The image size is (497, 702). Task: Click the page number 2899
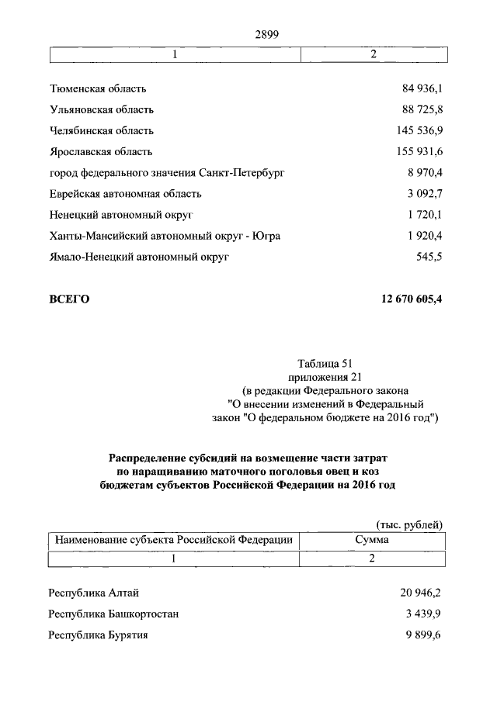266,33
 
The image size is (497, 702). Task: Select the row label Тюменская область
98,89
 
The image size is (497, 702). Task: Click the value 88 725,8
419,109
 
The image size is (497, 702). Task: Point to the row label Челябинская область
102,130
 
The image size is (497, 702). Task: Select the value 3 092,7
422,193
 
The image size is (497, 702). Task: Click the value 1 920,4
422,235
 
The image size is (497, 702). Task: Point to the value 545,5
429,256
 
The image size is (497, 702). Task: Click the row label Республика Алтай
94,593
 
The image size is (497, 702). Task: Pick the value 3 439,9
422,614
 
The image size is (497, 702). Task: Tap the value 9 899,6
422,635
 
